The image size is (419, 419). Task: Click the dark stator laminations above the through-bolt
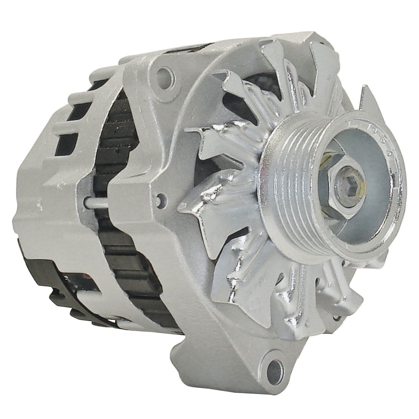click(116, 151)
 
